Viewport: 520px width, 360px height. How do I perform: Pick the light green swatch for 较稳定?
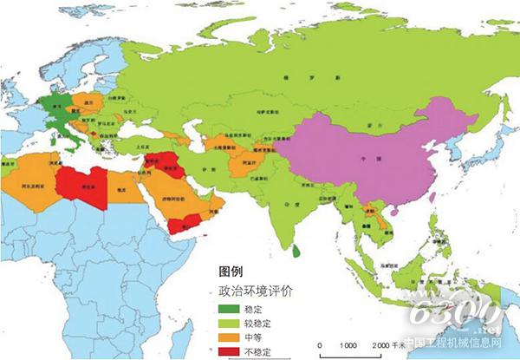point(231,320)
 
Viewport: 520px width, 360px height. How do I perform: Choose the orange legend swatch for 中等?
point(231,335)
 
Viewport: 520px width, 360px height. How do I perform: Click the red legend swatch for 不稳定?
point(231,349)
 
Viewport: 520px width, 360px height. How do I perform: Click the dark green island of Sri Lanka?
point(297,252)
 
